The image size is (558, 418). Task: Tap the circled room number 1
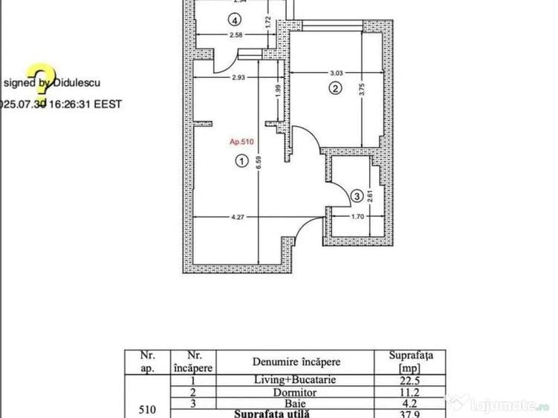point(240,160)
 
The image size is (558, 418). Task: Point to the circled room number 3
point(357,196)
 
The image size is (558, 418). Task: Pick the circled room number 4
point(236,20)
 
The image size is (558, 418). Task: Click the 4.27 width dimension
point(239,217)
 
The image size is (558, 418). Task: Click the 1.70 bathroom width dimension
point(357,217)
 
